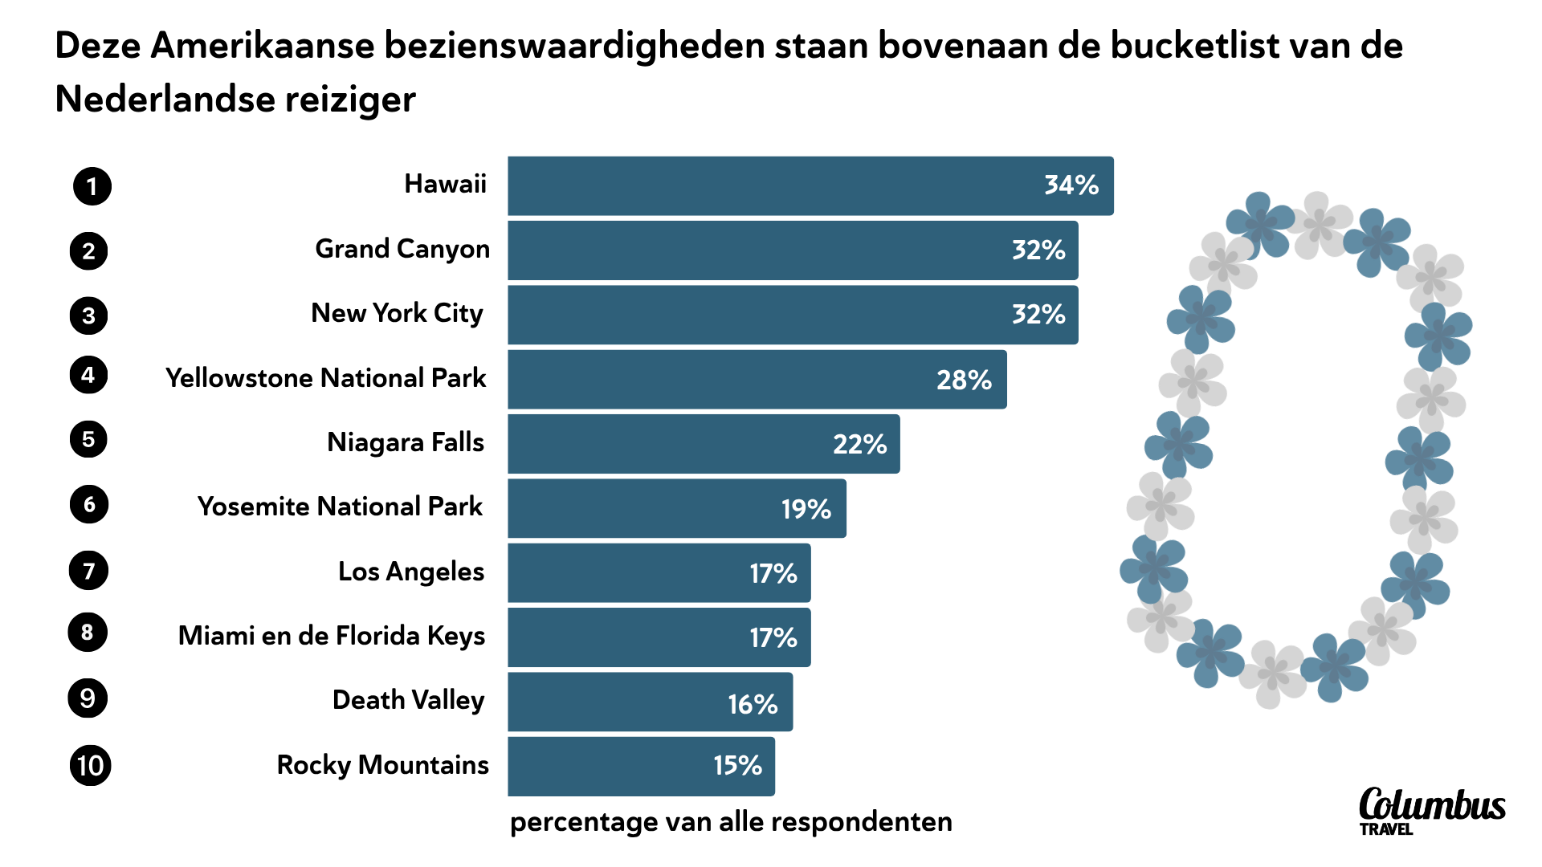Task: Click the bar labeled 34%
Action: pyautogui.click(x=810, y=185)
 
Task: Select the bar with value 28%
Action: pyautogui.click(x=757, y=379)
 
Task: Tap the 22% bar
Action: pyautogui.click(x=703, y=444)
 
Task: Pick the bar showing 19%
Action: pyautogui.click(x=676, y=508)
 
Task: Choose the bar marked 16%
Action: pyautogui.click(x=650, y=702)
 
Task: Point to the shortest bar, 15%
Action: pyautogui.click(x=641, y=766)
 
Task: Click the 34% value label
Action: pyautogui.click(x=1071, y=185)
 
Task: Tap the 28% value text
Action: pyautogui.click(x=964, y=380)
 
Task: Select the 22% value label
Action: pyautogui.click(x=859, y=444)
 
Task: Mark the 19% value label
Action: pyautogui.click(x=806, y=509)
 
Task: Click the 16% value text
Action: pyautogui.click(x=753, y=704)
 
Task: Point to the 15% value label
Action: pyautogui.click(x=737, y=765)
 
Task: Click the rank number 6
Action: pyautogui.click(x=89, y=504)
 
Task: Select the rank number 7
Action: pyautogui.click(x=89, y=571)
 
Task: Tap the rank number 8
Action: pyautogui.click(x=88, y=633)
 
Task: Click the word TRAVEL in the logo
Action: pyautogui.click(x=1386, y=829)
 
